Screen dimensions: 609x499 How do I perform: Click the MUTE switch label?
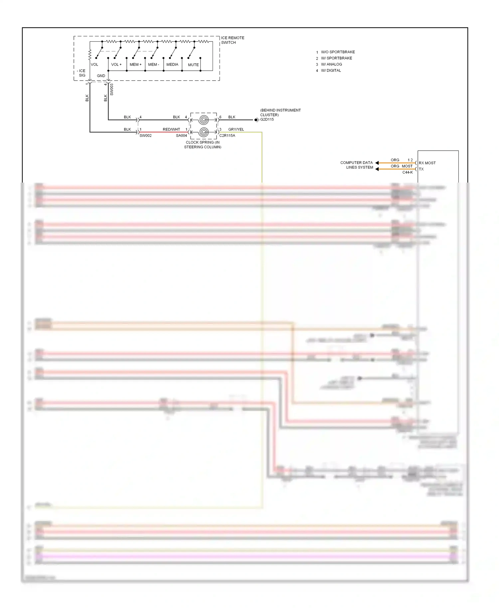193,65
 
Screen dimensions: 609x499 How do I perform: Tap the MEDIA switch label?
172,65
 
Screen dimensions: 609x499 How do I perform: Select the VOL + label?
116,65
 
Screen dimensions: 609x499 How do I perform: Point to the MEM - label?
154,65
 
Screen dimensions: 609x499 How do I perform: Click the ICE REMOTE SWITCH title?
233,40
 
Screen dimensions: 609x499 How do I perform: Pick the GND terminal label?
101,76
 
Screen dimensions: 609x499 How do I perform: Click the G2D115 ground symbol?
256,120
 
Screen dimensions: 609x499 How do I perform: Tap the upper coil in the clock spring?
204,120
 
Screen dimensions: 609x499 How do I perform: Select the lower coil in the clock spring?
204,132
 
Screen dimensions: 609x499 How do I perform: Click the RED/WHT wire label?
171,129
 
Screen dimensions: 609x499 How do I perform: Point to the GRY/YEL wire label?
236,129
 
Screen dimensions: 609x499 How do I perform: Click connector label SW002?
145,136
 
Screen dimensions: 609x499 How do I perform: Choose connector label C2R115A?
227,136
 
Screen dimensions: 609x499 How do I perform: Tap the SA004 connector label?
181,136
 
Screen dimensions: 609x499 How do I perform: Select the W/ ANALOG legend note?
331,64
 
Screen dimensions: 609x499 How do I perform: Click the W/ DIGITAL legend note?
331,71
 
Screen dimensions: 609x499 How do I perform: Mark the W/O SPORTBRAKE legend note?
338,52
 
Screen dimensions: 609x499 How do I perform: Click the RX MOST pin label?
427,163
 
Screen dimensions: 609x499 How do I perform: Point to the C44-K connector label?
408,172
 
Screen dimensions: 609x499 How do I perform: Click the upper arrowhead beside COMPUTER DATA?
377,163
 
